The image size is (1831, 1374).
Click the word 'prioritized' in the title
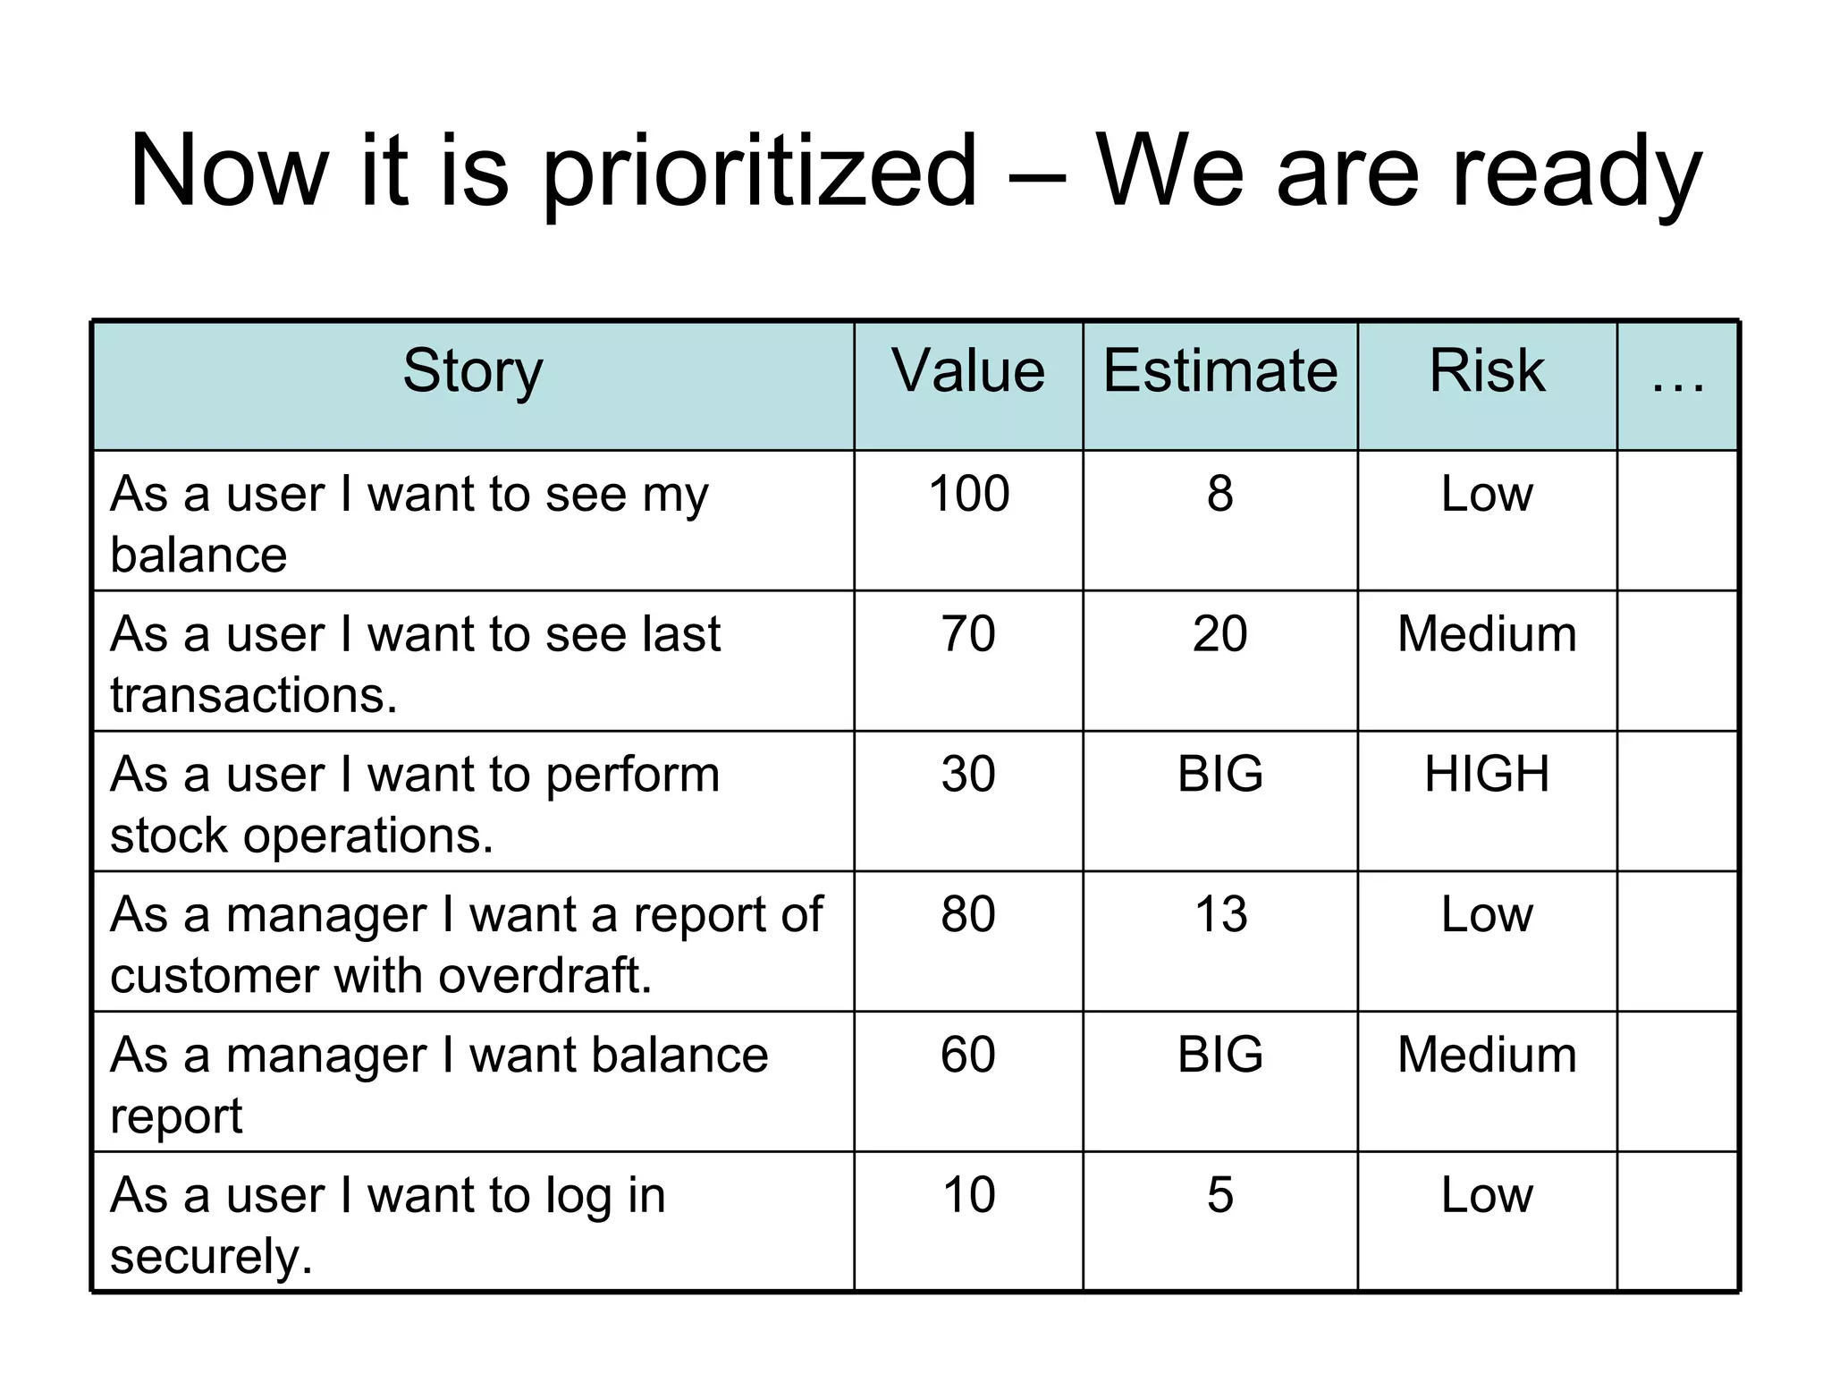[x=759, y=172]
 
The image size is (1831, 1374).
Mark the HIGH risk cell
[x=1487, y=774]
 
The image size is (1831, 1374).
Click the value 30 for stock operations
[x=968, y=774]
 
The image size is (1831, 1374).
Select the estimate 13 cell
[x=1220, y=914]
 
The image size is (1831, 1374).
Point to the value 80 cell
[x=968, y=914]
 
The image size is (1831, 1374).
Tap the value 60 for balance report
[x=968, y=1055]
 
